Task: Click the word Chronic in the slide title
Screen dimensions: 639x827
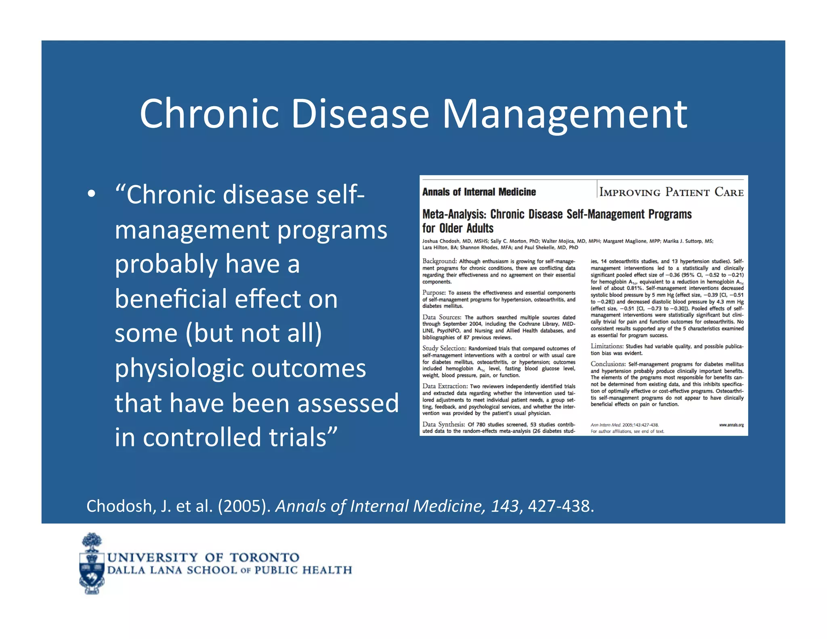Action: point(209,114)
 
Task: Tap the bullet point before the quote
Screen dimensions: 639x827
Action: point(92,194)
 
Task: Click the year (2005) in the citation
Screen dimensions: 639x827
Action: point(244,506)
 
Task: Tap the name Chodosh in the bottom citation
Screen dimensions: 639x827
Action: point(119,506)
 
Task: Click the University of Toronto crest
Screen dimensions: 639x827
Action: point(92,564)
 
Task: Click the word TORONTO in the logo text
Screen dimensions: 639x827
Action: point(264,558)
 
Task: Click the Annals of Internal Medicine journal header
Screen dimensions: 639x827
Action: point(479,192)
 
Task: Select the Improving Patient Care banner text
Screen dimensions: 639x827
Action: point(671,192)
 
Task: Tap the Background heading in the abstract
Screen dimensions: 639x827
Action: point(439,261)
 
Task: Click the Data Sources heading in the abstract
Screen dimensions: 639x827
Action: point(441,317)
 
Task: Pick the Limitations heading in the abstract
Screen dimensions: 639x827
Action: point(607,346)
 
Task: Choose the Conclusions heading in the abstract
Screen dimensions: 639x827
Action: point(608,364)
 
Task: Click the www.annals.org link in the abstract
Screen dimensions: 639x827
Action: point(731,425)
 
